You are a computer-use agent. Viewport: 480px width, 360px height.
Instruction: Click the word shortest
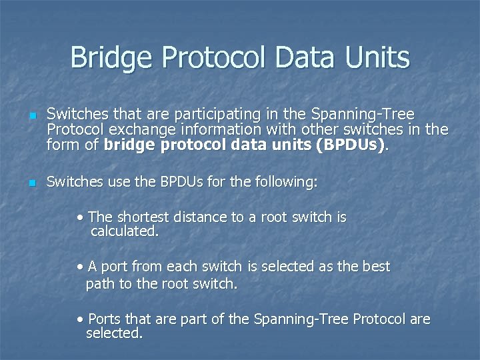tap(143, 217)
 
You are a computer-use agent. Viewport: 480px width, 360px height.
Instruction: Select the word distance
tap(199, 217)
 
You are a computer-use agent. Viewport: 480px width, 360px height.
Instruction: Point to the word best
tap(376, 267)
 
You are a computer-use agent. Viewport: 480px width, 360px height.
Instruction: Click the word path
tap(100, 283)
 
